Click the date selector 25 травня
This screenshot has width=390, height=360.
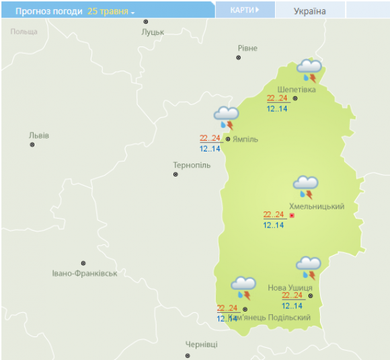click(x=111, y=11)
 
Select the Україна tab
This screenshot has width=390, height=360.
click(x=310, y=11)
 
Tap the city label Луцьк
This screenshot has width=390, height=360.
click(x=153, y=32)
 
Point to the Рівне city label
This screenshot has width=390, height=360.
click(x=247, y=48)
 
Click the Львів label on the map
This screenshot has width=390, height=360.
click(x=39, y=135)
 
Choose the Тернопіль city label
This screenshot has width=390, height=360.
click(x=192, y=165)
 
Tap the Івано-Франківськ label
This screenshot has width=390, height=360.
click(x=85, y=273)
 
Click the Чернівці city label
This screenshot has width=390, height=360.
click(x=202, y=344)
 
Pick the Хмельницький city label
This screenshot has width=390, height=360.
click(x=316, y=206)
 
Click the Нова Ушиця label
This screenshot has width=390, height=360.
click(x=290, y=287)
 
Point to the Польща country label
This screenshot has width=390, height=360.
click(x=24, y=32)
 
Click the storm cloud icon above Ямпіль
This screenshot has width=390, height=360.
click(x=226, y=117)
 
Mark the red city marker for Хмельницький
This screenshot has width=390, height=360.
click(x=292, y=215)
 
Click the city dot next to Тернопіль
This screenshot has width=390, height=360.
click(x=176, y=174)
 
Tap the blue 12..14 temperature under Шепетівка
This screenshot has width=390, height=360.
click(x=276, y=109)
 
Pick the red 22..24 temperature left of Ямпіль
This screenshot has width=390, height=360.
click(x=210, y=139)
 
